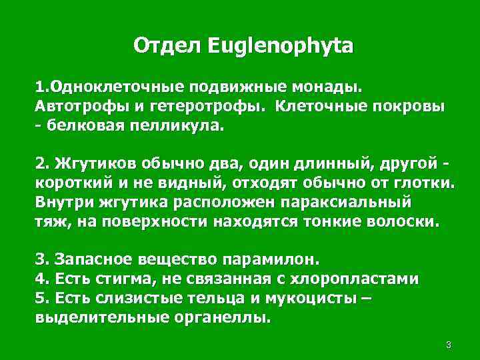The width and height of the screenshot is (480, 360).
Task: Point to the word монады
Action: tap(327, 87)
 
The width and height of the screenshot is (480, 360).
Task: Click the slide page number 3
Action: tap(449, 345)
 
